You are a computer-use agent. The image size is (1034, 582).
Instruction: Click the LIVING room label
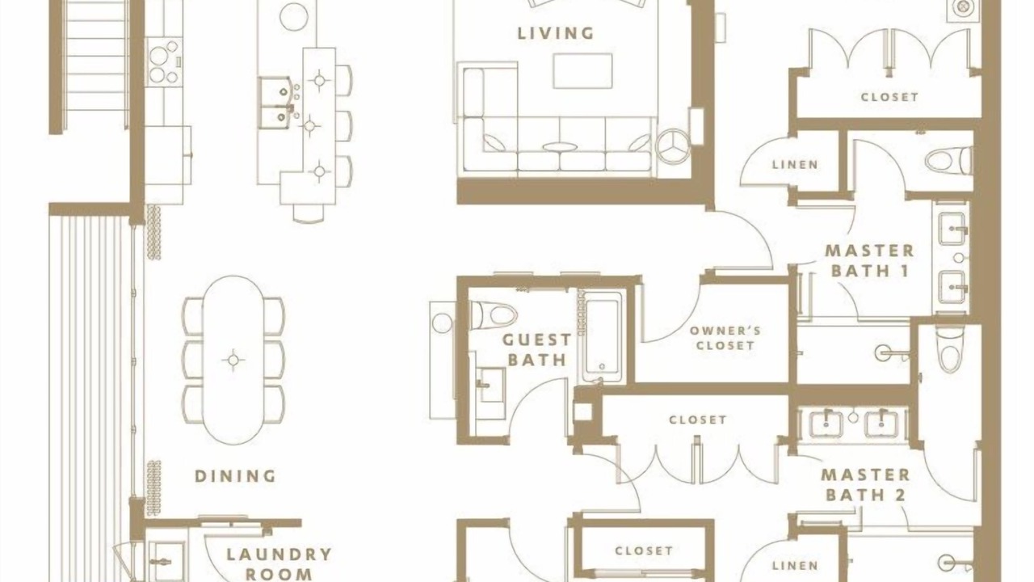tap(555, 33)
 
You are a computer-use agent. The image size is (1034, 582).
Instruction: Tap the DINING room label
tap(235, 476)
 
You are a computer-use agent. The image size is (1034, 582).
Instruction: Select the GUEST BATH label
tap(537, 350)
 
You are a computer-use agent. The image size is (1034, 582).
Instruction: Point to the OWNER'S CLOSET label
tap(725, 338)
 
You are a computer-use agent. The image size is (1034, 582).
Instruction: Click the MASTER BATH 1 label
tap(870, 261)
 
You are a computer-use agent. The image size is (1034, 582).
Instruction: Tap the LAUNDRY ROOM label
tap(279, 564)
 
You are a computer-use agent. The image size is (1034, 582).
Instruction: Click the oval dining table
tap(233, 360)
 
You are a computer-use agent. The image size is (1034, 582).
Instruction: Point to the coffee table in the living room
tap(582, 70)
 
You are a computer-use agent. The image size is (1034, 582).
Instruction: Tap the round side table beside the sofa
tap(673, 145)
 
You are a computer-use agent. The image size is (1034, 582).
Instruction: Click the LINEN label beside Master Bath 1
tap(795, 164)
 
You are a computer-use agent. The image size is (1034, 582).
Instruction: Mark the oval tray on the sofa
tap(560, 147)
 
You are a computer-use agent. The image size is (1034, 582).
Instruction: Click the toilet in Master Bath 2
tap(949, 348)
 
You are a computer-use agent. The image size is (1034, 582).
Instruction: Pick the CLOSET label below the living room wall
tap(697, 420)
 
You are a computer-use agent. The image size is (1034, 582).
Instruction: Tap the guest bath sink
tap(490, 385)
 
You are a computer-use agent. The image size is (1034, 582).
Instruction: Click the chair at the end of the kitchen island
tap(309, 213)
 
